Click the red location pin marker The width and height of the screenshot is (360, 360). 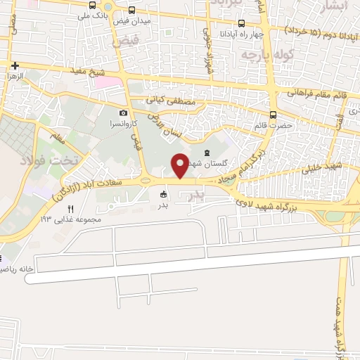(x=181, y=166)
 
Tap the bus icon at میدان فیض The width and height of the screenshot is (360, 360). (x=132, y=11)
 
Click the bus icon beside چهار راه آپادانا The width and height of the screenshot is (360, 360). (x=241, y=22)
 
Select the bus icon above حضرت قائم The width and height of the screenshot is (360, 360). (x=272, y=115)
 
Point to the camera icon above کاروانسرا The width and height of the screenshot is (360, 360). (x=124, y=112)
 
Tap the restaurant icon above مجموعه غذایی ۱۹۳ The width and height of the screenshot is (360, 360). (x=70, y=210)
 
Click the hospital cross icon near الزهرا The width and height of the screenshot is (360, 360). (x=15, y=65)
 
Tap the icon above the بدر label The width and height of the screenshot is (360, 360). (x=165, y=194)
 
